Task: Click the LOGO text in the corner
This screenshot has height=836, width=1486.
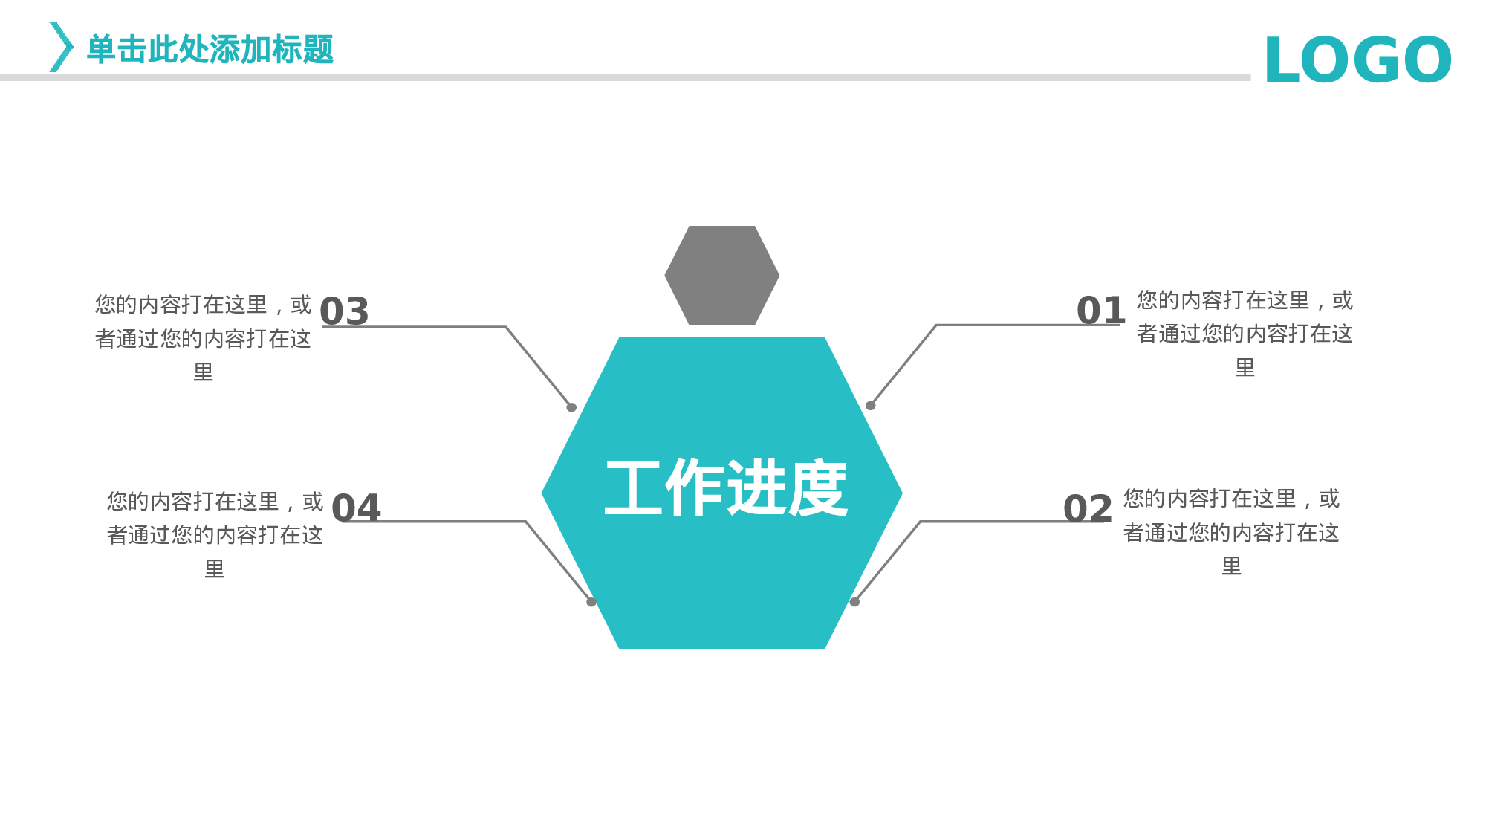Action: coord(1357,60)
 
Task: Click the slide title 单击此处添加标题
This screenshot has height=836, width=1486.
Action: coord(210,50)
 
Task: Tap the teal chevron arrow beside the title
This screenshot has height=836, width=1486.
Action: coord(61,47)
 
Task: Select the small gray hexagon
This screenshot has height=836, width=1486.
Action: coord(721,276)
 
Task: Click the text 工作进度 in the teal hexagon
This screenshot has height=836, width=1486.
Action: coord(726,488)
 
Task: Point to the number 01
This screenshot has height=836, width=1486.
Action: coord(1100,311)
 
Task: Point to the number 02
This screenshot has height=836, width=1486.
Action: coord(1087,509)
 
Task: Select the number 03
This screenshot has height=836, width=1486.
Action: coord(344,311)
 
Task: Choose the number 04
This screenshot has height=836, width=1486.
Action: coord(356,509)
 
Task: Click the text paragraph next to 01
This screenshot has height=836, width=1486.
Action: coord(1245,334)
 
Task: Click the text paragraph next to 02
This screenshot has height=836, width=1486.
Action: coord(1231,532)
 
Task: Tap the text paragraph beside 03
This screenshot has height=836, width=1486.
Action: coord(203,338)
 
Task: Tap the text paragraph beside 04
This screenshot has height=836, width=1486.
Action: coord(215,535)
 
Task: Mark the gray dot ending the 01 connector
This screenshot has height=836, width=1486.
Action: coord(870,406)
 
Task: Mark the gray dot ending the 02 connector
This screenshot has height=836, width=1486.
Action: coord(854,602)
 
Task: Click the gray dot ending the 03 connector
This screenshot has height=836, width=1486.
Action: coord(571,407)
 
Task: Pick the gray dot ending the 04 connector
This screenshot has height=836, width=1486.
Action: coord(591,602)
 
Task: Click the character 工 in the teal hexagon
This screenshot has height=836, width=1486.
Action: coord(633,488)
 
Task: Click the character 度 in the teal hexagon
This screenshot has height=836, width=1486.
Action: coord(817,488)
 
